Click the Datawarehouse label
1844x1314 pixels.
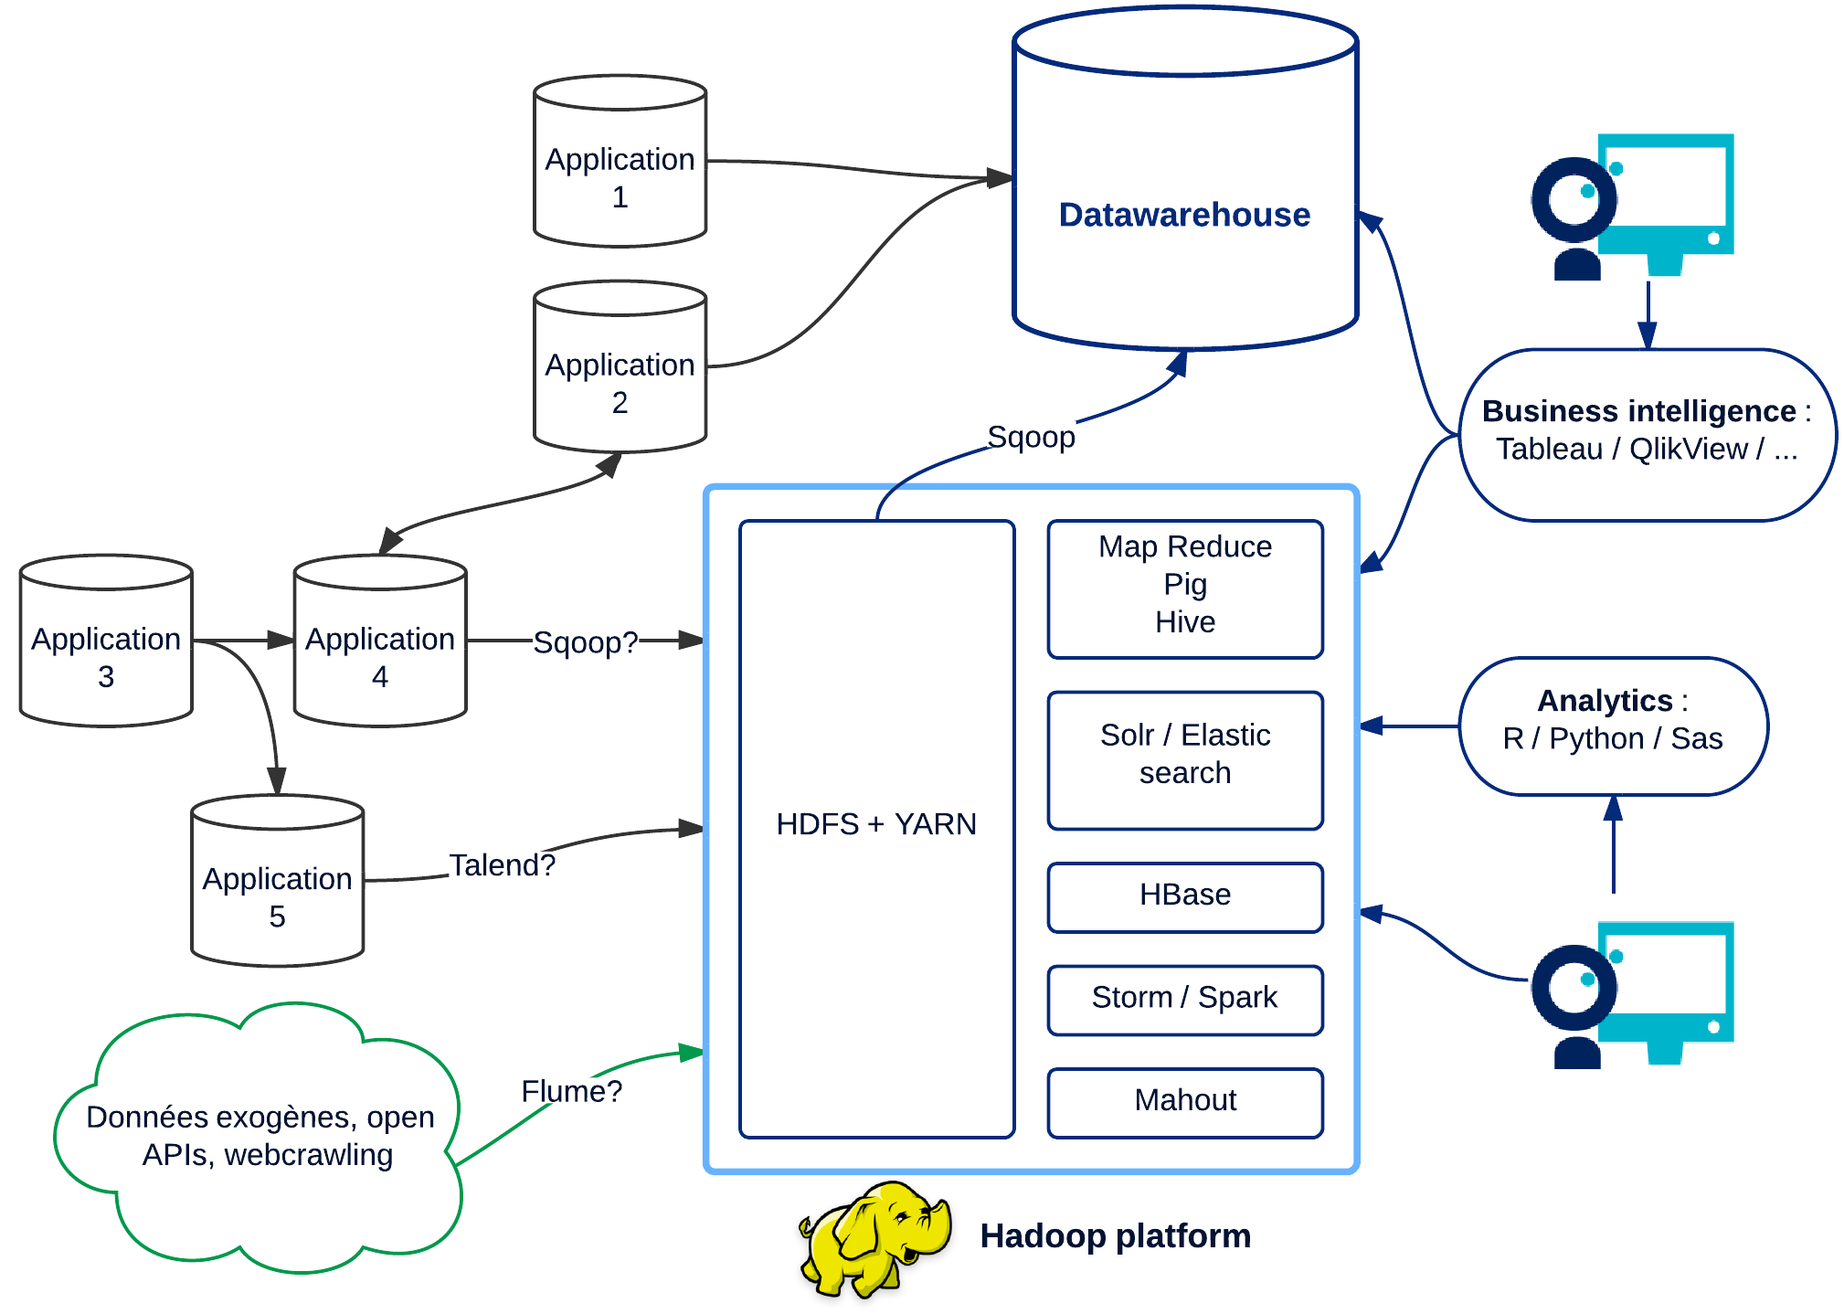pos(1184,215)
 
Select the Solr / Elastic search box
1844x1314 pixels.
pos(1185,759)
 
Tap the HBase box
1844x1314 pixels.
pos(1185,896)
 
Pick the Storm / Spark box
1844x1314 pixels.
pos(1185,999)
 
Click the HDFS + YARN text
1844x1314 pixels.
pos(876,824)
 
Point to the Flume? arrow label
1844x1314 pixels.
pos(571,1091)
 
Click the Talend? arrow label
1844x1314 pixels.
pos(502,864)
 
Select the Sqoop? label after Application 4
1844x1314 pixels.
pos(585,642)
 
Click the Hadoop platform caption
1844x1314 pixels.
pos(1115,1236)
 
